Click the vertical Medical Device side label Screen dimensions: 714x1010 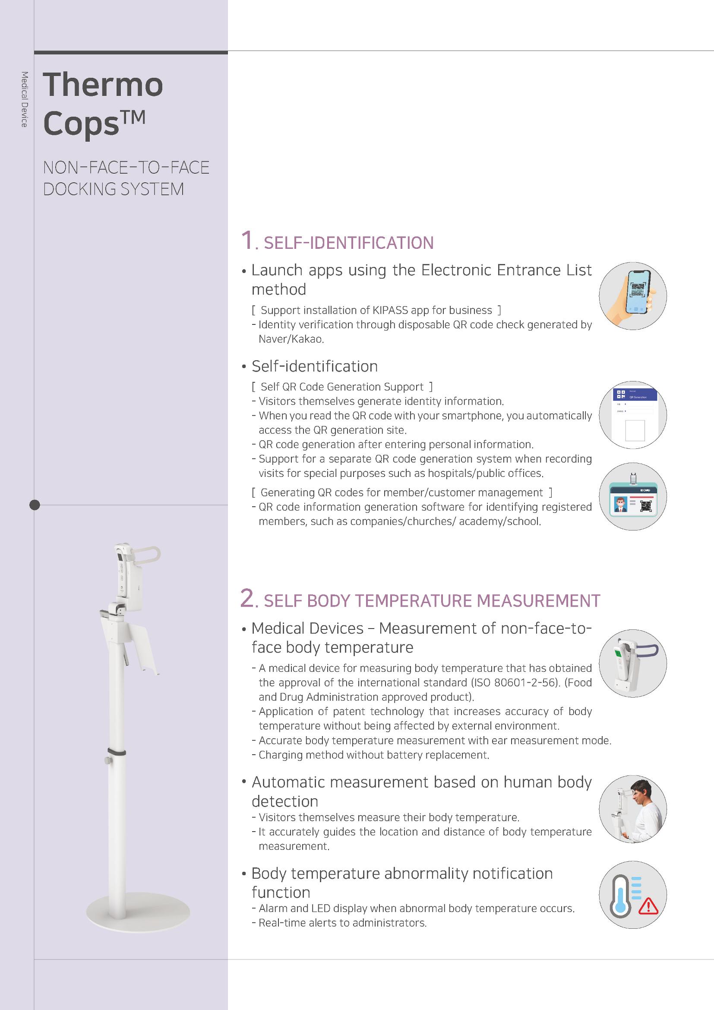click(x=24, y=99)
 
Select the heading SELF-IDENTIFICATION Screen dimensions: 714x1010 click(x=349, y=243)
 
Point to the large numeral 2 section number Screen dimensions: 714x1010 click(x=247, y=598)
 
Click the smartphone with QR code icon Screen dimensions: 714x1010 click(x=633, y=295)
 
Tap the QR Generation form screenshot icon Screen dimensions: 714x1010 click(x=633, y=415)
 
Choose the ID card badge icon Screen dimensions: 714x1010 click(x=633, y=496)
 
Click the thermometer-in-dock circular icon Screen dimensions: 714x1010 click(x=633, y=664)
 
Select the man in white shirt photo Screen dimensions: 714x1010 click(x=633, y=809)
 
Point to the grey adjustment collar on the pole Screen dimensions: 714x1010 click(x=117, y=751)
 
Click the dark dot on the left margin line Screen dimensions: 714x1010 click(x=34, y=505)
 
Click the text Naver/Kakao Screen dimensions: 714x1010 click(x=291, y=339)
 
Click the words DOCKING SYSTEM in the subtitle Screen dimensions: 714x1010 click(x=114, y=189)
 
